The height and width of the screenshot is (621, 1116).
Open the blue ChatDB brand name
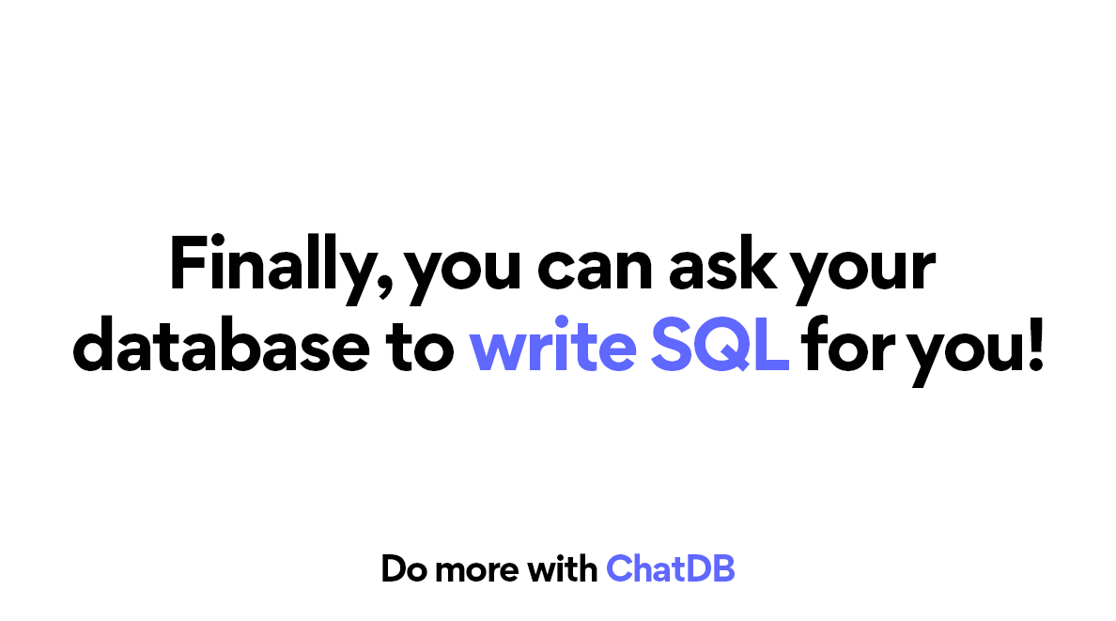pos(670,568)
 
